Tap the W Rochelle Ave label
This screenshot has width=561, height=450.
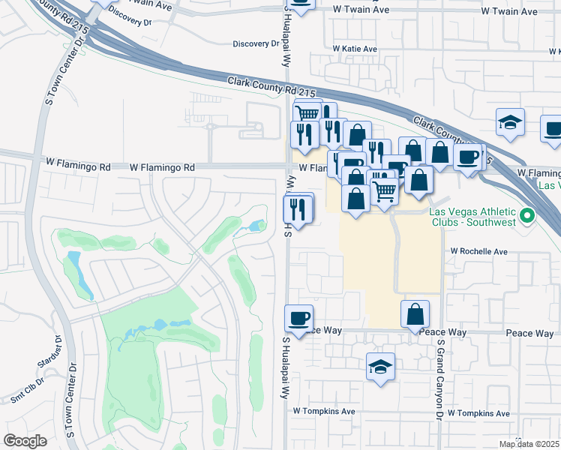click(x=479, y=252)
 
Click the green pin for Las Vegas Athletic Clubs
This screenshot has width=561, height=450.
click(x=527, y=217)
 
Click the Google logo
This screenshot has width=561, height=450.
click(x=25, y=441)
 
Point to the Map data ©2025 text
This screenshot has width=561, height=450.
click(x=529, y=444)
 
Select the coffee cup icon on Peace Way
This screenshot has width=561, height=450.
click(x=299, y=318)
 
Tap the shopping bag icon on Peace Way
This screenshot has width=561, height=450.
click(x=415, y=314)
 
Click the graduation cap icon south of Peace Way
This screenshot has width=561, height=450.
click(x=381, y=367)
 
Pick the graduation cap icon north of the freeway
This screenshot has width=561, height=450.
click(x=510, y=122)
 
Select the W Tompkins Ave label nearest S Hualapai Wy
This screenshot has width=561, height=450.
click(x=323, y=412)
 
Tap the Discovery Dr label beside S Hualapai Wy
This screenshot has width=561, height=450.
click(x=256, y=43)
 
